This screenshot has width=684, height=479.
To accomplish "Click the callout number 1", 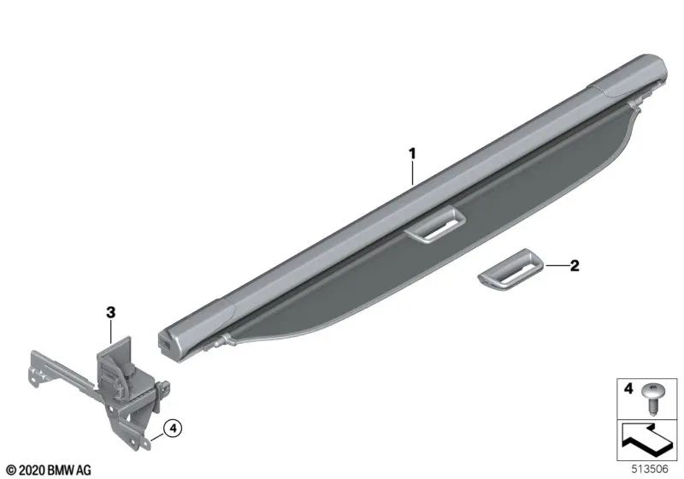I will (412, 154).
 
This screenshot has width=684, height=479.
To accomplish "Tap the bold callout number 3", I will (110, 313).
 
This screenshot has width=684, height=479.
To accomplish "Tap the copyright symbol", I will (9, 470).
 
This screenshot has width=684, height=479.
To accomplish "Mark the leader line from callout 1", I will (412, 174).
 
